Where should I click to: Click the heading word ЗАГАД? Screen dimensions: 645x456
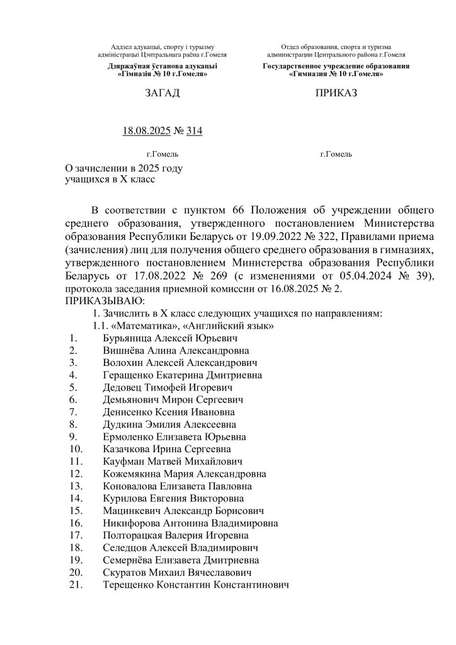162,94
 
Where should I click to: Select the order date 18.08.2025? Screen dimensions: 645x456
146,131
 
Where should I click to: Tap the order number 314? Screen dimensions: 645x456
195,131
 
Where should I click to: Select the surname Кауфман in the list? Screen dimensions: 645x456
123,462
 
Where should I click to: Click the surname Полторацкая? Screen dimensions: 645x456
134,535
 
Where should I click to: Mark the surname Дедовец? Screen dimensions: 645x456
123,387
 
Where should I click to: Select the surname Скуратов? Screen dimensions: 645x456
125,573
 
